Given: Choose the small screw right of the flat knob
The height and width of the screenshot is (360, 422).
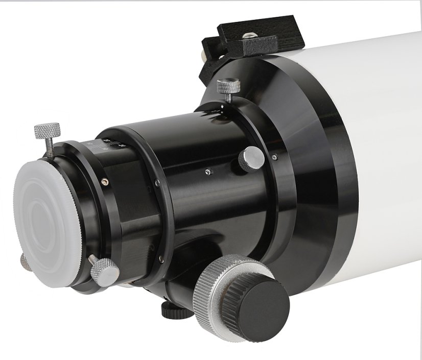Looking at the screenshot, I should coord(274,156).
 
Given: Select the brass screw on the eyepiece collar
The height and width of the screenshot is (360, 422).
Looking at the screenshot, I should coord(104,180).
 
